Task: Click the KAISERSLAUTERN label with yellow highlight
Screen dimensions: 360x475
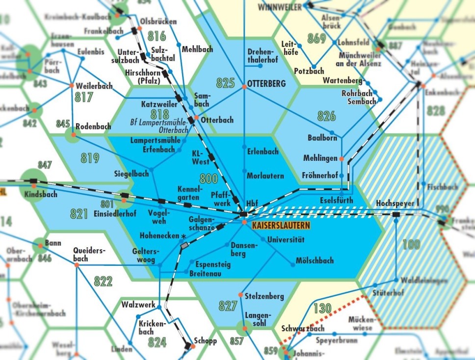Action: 281,226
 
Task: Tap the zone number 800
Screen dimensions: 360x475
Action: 209,179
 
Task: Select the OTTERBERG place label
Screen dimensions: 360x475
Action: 267,84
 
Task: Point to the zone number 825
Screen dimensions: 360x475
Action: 226,83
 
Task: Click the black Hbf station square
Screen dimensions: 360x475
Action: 244,214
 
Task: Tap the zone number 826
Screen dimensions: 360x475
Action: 327,116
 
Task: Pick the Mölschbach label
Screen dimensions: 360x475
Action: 315,260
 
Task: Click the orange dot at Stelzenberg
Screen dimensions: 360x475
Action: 240,294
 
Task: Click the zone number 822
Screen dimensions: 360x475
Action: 103,281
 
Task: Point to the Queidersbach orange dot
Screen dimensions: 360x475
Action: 77,264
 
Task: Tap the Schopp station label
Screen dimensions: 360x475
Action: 205,341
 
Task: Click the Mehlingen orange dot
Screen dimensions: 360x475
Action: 342,159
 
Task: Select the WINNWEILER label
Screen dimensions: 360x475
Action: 280,7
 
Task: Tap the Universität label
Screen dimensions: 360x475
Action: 286,240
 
